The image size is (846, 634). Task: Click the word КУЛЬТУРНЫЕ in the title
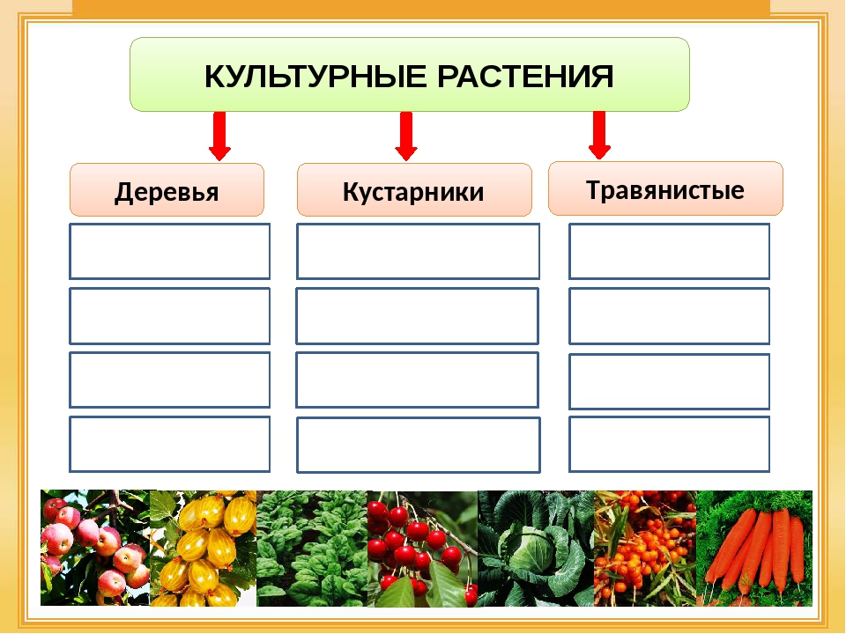coord(315,76)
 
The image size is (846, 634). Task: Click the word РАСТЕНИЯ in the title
coord(525,76)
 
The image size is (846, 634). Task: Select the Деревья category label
coord(167,191)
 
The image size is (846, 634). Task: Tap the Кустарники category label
coord(414,191)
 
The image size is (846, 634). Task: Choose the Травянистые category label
coord(665,189)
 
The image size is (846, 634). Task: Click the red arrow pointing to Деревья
coord(219,136)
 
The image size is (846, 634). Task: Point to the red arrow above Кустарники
coord(406,136)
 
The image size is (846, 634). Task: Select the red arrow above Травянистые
coord(599,135)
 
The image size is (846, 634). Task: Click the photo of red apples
coord(95,548)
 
